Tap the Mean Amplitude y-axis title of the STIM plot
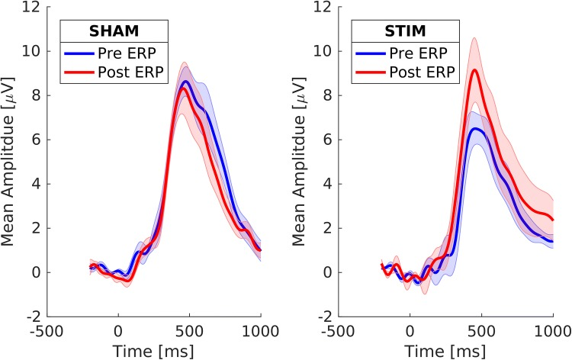click(x=302, y=162)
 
